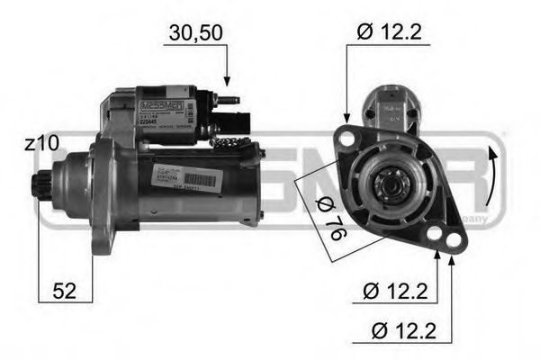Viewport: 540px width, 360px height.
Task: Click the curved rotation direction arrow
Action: pyautogui.click(x=491, y=176)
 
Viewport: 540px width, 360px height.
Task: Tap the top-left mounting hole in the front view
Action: pyautogui.click(x=346, y=137)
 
